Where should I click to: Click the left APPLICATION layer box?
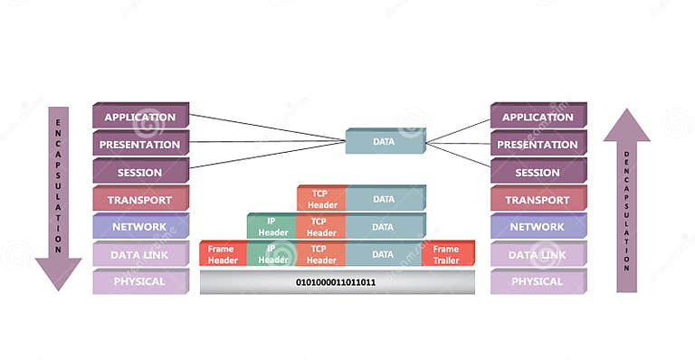139,117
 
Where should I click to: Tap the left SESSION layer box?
139,172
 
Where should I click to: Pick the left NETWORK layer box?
139,227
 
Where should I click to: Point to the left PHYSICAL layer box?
139,281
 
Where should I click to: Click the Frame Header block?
222,254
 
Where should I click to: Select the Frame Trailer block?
447,254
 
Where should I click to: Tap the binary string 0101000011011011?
336,282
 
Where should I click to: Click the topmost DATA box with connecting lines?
385,141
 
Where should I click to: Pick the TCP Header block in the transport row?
319,199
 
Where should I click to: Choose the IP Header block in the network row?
271,226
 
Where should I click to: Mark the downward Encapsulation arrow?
58,194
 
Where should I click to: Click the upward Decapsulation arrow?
626,199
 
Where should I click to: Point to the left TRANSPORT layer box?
139,200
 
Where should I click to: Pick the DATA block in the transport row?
384,199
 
